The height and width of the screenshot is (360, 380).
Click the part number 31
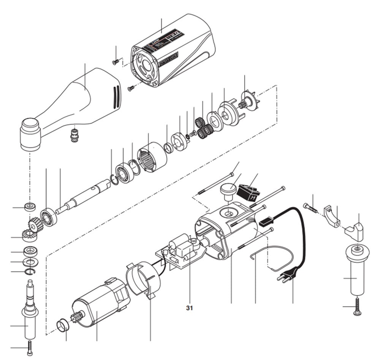[x=190, y=308]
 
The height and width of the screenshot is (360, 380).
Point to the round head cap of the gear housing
[x=30, y=135]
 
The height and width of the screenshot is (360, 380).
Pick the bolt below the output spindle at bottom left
[x=29, y=347]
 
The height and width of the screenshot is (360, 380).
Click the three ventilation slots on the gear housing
[x=115, y=96]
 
